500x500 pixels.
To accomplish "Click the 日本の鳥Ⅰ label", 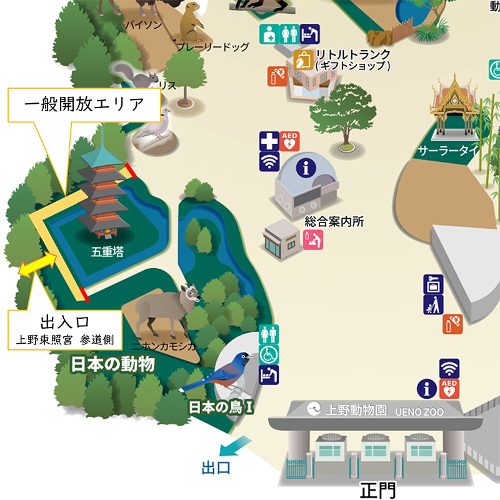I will pos(221,407).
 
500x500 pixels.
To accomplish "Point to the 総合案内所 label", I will pos(334,221).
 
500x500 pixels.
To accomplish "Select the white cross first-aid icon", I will pos(269,141).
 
